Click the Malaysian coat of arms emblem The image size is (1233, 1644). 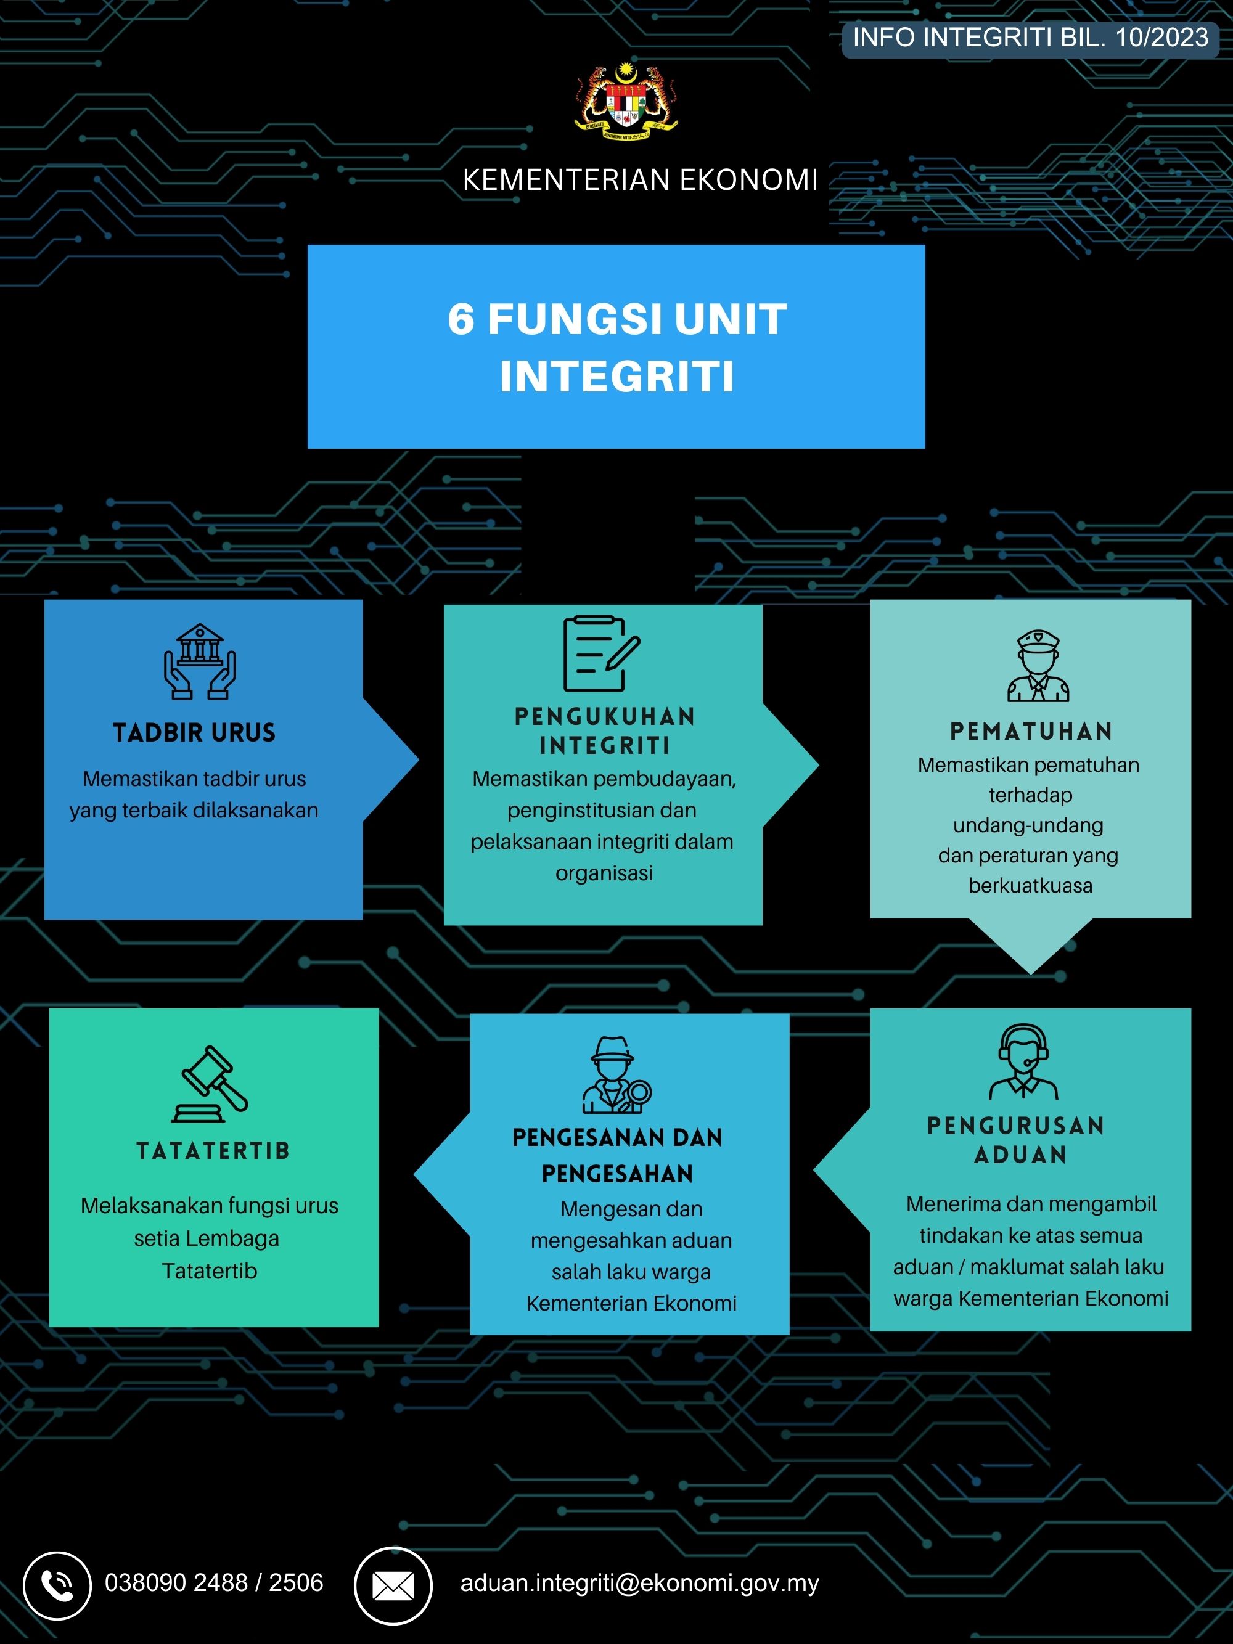click(x=626, y=99)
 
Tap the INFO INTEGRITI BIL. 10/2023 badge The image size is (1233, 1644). click(x=1030, y=38)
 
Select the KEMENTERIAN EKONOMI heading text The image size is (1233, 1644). click(x=640, y=180)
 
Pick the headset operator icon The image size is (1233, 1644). click(x=1023, y=1061)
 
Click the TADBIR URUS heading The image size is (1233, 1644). click(x=194, y=733)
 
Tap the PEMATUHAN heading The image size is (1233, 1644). click(x=1031, y=731)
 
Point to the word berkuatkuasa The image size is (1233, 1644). click(x=1030, y=885)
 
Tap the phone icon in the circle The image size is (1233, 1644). click(x=57, y=1585)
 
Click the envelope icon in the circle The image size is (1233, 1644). click(x=393, y=1585)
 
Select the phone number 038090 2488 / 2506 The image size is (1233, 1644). click(x=214, y=1582)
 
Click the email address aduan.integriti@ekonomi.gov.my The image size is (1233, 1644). click(x=639, y=1583)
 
